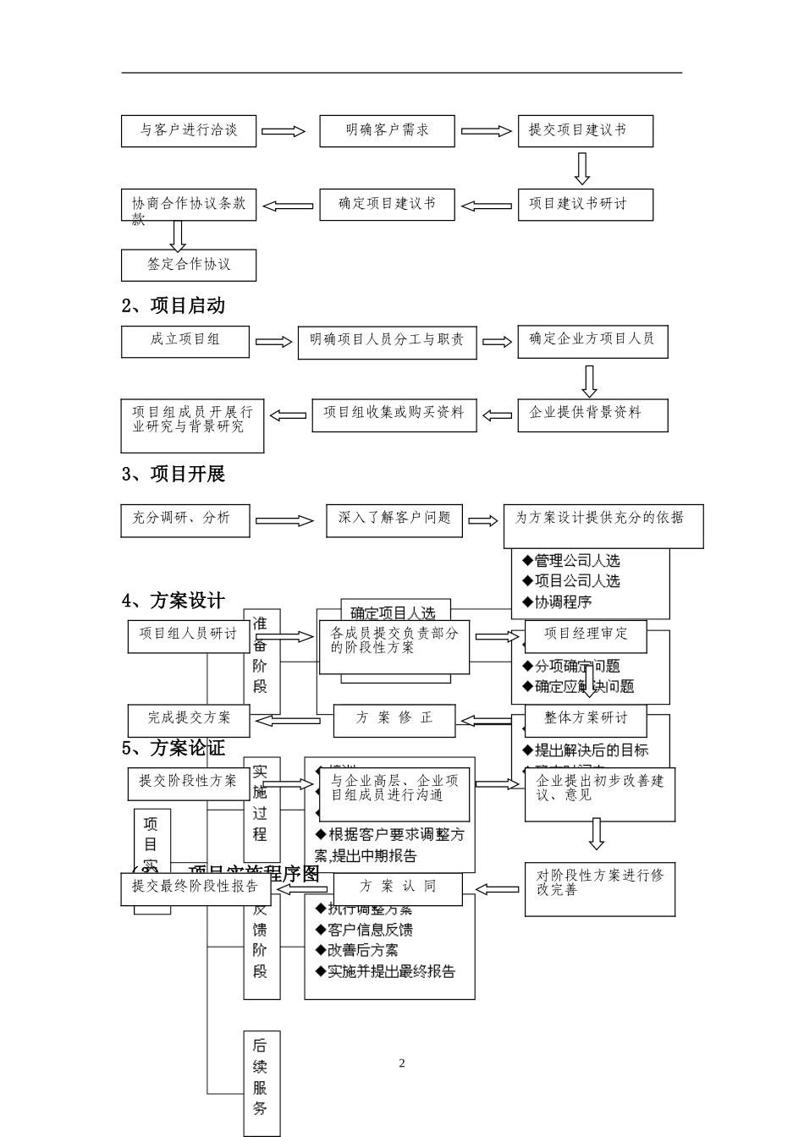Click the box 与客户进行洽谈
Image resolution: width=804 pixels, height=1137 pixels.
[188, 131]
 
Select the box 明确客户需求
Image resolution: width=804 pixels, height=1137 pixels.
[387, 131]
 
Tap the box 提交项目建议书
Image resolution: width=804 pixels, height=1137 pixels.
[586, 131]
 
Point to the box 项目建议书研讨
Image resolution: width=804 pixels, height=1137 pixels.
[586, 205]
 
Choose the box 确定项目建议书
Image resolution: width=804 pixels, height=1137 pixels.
[387, 205]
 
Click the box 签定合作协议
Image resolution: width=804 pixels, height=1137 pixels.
[188, 265]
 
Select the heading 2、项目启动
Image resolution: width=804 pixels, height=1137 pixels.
[173, 305]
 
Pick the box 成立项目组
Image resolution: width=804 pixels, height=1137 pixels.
[185, 341]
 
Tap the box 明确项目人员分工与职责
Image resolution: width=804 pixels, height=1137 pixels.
[387, 342]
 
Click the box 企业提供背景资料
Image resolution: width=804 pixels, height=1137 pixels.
[592, 415]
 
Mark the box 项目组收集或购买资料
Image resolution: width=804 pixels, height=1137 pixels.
[394, 415]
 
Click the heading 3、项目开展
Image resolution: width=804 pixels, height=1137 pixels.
[173, 475]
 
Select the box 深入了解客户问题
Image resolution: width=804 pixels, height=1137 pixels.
[394, 520]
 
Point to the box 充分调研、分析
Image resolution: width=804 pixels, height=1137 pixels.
[185, 520]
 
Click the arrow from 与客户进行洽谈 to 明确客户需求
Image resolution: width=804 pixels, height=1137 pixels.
[283, 131]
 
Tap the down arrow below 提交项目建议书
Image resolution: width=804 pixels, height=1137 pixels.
[581, 168]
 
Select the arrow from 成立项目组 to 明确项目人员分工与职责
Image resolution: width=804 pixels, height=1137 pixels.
[273, 342]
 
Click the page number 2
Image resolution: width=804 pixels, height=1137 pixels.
[402, 1063]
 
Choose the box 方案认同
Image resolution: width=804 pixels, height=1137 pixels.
[398, 888]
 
